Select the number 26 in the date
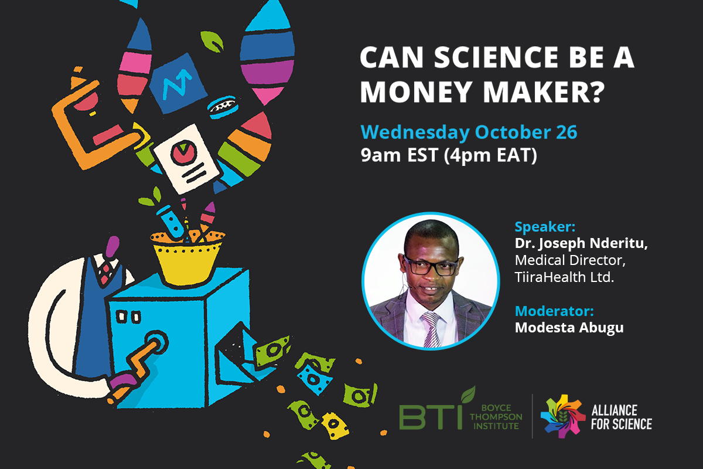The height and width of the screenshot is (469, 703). [567, 132]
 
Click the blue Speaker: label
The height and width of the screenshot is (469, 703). [545, 227]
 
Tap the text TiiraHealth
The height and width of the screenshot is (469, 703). [550, 277]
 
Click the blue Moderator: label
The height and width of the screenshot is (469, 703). [554, 311]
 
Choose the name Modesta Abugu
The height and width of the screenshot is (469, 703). [569, 328]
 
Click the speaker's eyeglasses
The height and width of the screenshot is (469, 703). [431, 266]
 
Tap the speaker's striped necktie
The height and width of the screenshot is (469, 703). [432, 329]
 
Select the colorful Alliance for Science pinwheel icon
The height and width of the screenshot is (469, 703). [563, 416]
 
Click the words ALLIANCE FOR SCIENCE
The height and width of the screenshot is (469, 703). [622, 417]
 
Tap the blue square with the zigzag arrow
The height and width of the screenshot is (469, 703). [178, 83]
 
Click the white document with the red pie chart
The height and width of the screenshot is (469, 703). [186, 159]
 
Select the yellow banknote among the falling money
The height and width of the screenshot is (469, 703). [335, 426]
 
